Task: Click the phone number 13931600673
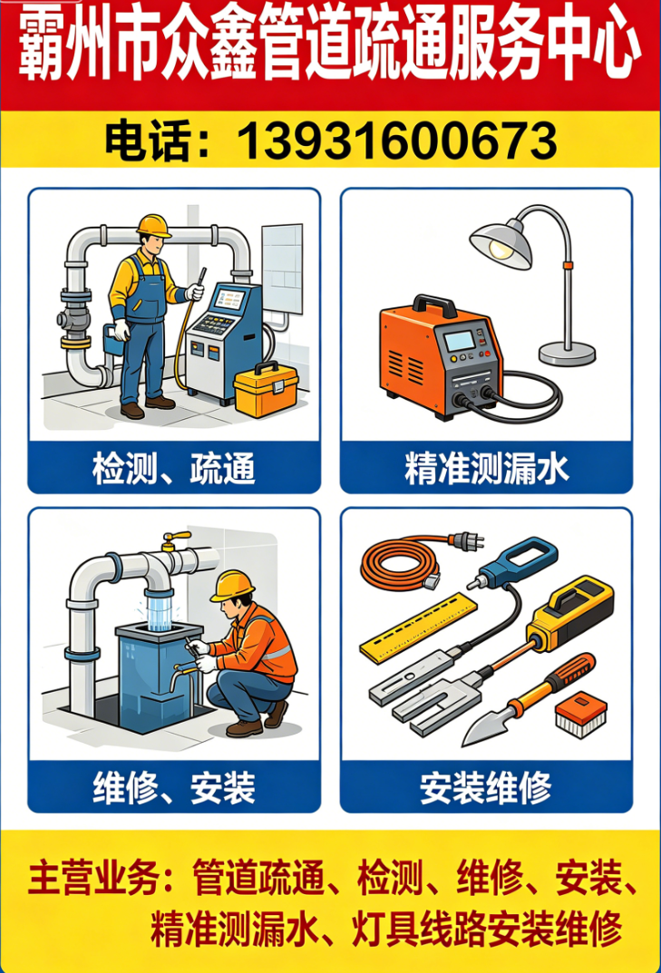coord(396,141)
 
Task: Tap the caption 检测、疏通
coord(174,469)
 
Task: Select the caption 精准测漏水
coord(487,469)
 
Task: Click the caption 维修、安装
coord(174,788)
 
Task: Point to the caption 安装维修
coord(486,788)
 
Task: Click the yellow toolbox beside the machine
coord(267,391)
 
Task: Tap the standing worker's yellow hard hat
coord(154,225)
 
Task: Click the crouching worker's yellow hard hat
coord(232,586)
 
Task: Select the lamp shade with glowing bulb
coord(501,241)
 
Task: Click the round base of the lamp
coord(567,355)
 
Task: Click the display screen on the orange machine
coord(460,341)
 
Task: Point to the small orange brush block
coord(581,714)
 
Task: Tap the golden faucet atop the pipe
coord(174,540)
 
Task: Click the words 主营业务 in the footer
coord(92,878)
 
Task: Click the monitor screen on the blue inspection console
coord(229,300)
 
